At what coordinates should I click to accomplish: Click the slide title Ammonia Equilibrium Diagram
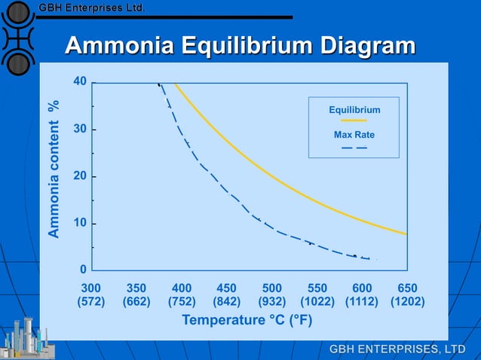point(240,46)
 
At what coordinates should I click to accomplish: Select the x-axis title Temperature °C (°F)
point(247,321)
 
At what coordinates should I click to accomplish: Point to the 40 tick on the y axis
point(79,81)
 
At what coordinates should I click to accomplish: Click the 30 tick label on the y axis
point(79,130)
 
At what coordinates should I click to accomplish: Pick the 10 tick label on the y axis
point(79,224)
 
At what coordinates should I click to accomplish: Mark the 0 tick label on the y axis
point(83,270)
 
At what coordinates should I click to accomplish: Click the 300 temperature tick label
point(90,288)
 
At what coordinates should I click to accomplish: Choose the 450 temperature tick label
point(226,288)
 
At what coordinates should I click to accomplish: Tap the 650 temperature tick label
point(407,288)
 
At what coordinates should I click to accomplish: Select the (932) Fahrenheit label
point(271,302)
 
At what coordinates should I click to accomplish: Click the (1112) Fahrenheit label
point(362,302)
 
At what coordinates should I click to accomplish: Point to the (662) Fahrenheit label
point(136,302)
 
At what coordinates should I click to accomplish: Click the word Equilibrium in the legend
point(354,110)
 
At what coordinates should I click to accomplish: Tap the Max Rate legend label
point(354,136)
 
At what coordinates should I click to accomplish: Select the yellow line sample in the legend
point(354,121)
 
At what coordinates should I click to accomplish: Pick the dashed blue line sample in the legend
point(354,147)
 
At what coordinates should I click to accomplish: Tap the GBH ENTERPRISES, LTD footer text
point(397,349)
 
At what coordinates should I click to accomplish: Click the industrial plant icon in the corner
point(26,337)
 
